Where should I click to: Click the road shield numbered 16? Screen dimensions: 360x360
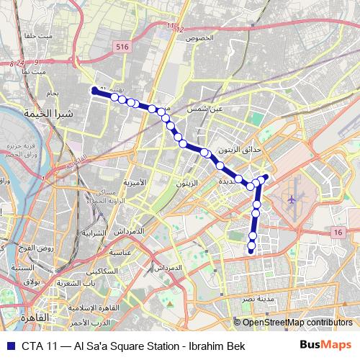(x=338, y=231)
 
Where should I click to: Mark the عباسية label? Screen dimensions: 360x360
(x=117, y=253)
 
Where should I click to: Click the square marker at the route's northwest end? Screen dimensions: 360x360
(x=94, y=90)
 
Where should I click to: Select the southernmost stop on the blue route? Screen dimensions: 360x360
(x=251, y=251)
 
